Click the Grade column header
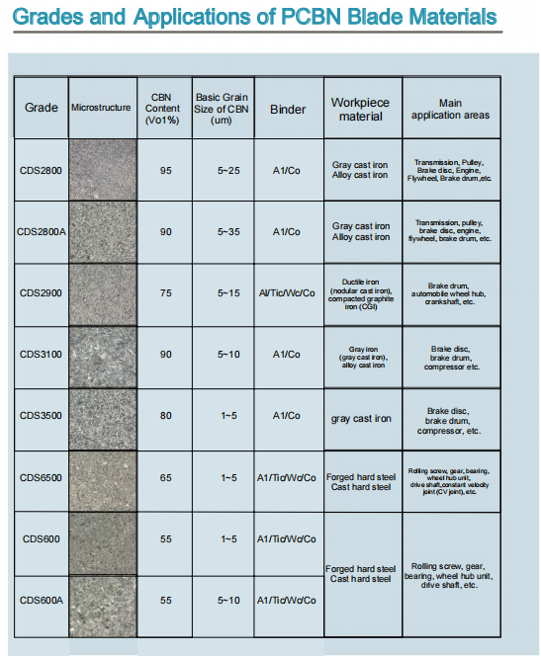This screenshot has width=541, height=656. (x=40, y=108)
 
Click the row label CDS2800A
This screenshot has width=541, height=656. (x=41, y=232)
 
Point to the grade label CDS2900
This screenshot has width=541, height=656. (x=41, y=294)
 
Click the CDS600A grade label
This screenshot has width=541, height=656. (x=41, y=601)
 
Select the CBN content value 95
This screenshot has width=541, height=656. (x=165, y=171)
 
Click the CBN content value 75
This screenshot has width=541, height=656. (x=165, y=293)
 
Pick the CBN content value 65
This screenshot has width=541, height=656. (x=165, y=478)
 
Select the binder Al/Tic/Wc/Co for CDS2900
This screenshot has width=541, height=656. (x=287, y=293)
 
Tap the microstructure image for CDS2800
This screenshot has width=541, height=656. (x=101, y=171)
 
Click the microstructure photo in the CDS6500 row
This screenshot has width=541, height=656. (x=101, y=479)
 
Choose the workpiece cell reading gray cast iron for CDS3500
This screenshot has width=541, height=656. (x=360, y=418)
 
